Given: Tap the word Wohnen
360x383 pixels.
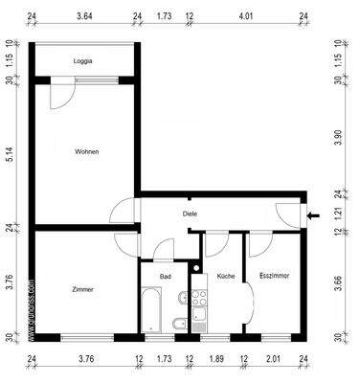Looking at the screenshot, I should click(x=87, y=151).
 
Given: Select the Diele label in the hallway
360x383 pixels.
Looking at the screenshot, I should click(x=190, y=214).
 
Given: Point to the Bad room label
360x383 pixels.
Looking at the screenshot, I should click(x=165, y=276).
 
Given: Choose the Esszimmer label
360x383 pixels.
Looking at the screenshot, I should click(x=274, y=276).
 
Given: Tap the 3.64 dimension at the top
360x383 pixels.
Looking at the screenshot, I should click(x=84, y=16).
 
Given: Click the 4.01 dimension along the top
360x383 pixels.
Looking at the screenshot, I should click(x=246, y=16).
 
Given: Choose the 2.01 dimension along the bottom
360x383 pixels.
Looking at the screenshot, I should click(x=273, y=360).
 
